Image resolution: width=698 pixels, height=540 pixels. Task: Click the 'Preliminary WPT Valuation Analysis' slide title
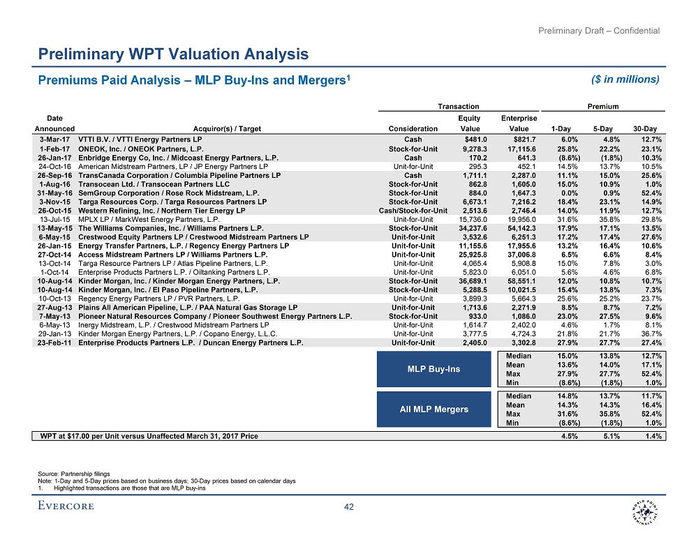pyautogui.click(x=173, y=54)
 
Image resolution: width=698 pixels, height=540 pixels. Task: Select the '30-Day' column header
pyautogui.click(x=648, y=128)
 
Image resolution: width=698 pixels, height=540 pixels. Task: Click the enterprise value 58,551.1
pyautogui.click(x=519, y=280)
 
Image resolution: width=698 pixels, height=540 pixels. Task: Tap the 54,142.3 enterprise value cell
pyautogui.click(x=519, y=227)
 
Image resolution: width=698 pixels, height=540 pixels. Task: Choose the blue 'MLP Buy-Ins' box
pyautogui.click(x=434, y=368)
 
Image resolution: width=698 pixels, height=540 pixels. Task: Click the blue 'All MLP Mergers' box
pyautogui.click(x=434, y=409)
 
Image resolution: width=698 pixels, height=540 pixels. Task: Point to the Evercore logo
pyautogui.click(x=66, y=507)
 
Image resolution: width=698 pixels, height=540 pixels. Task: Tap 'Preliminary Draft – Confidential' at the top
pyautogui.click(x=600, y=30)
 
